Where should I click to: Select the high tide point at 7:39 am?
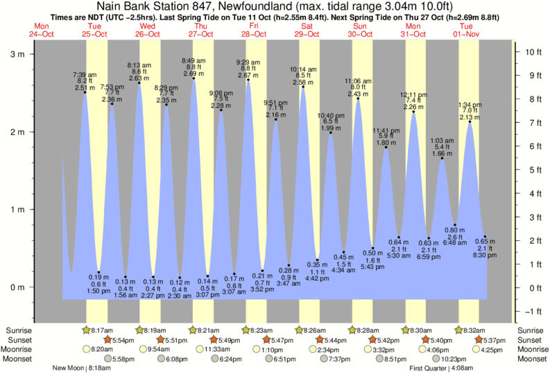point(85,92)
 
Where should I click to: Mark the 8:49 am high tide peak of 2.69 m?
point(194,78)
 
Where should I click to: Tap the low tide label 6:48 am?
point(454,244)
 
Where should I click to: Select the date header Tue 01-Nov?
point(468,31)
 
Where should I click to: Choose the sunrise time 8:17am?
point(101,330)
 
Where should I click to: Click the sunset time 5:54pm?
point(122,340)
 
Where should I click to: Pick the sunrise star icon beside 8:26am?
point(301,330)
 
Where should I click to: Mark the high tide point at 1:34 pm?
point(470,122)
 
